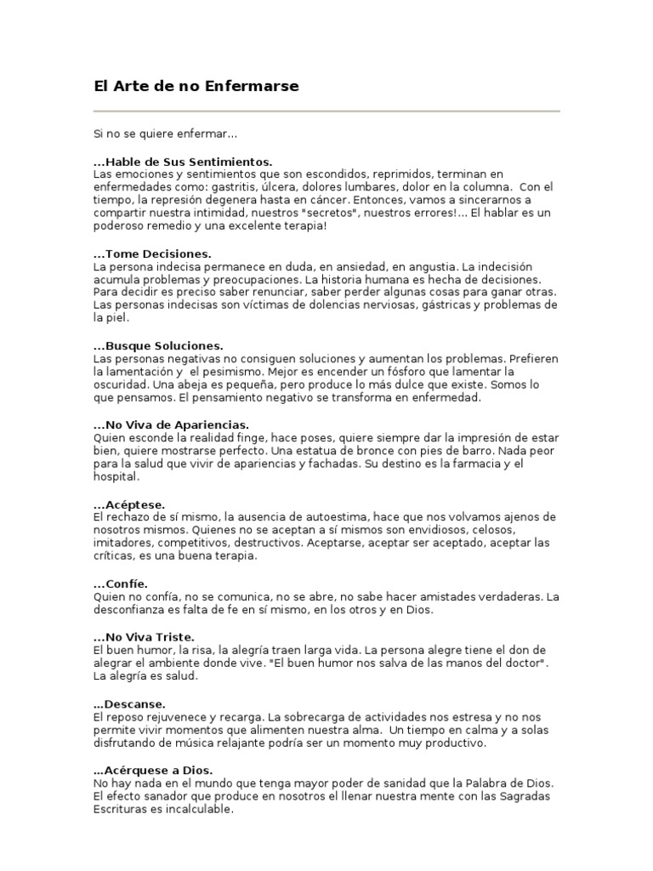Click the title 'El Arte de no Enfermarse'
point(196,86)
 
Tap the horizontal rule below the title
point(326,111)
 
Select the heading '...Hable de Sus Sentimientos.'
point(183,161)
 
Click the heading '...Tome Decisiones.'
point(152,253)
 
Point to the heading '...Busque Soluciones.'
point(158,346)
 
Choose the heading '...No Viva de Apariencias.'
point(171,424)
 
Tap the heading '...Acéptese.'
point(129,504)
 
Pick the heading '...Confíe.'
point(121,584)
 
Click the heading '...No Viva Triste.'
point(145,636)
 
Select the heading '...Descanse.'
point(129,703)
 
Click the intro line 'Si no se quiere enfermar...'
point(165,134)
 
